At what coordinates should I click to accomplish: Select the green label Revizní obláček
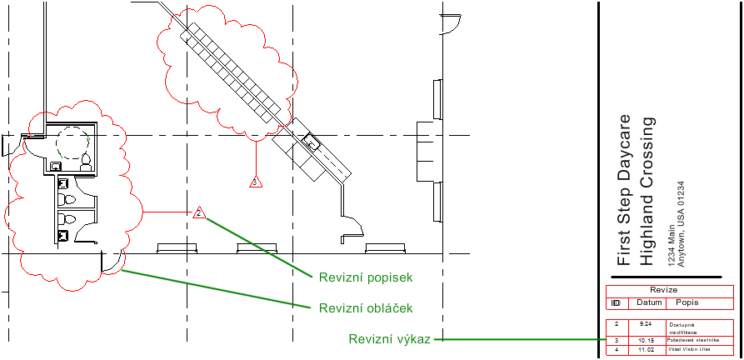tap(366, 308)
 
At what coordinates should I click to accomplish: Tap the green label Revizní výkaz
tap(389, 339)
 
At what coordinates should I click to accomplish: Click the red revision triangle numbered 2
tap(199, 213)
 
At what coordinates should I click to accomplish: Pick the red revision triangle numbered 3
tap(257, 181)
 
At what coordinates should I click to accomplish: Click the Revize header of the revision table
tap(670, 291)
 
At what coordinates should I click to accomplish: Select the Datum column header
tap(649, 302)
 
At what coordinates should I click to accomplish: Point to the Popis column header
tap(687, 302)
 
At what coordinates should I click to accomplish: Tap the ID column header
tap(617, 302)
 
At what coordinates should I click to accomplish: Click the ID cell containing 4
tap(617, 350)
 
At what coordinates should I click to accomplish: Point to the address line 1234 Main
tap(671, 244)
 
